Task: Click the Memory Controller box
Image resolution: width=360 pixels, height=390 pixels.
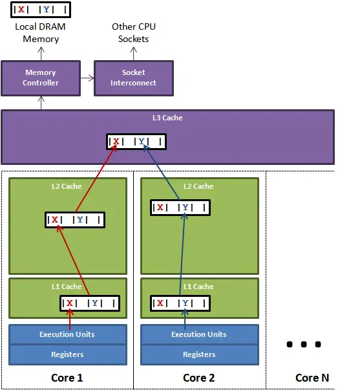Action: [x=40, y=78]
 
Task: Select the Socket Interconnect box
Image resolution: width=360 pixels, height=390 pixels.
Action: [x=133, y=78]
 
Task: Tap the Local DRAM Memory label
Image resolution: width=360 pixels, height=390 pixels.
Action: [x=40, y=33]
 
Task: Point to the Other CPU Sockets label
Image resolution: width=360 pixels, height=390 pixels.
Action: [x=133, y=33]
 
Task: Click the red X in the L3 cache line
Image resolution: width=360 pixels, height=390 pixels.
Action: [x=116, y=142]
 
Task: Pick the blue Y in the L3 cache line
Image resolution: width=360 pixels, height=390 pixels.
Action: [x=149, y=142]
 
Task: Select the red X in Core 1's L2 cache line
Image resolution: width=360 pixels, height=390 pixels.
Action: [x=55, y=220]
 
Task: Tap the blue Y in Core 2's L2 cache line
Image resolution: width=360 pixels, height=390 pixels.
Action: [x=185, y=208]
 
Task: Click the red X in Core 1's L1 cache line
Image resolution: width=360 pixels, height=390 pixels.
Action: [x=71, y=303]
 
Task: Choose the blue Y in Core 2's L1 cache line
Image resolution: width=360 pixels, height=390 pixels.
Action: [x=185, y=303]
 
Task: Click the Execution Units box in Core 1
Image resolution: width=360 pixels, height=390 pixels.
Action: [x=67, y=334]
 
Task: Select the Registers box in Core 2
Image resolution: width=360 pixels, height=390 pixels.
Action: [x=198, y=354]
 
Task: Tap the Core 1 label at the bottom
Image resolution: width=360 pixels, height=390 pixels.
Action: [x=67, y=378]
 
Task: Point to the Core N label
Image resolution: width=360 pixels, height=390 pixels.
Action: [x=308, y=378]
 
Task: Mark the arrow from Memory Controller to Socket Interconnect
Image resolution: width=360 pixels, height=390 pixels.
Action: [x=87, y=78]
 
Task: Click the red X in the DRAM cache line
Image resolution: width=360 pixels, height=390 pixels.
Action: [x=21, y=10]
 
